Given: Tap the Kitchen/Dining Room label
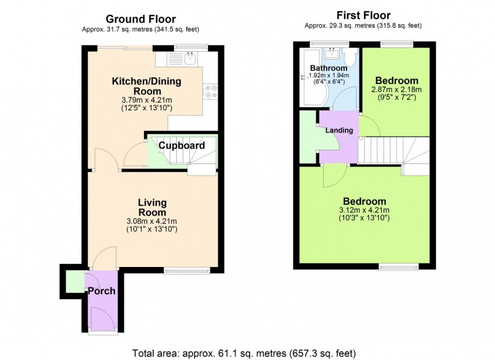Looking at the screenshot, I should tap(146, 86).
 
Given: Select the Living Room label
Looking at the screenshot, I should tap(152, 207).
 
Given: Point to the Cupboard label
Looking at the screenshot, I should tap(182, 146).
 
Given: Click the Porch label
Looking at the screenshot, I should tap(102, 291).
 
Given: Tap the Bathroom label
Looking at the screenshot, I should tap(328, 68).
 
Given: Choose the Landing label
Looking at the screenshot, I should tap(339, 130).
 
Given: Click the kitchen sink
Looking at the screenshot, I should tap(190, 59).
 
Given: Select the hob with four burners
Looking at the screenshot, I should tap(210, 91).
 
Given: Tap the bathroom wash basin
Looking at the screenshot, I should tap(332, 54).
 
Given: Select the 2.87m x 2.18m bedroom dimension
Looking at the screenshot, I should tap(397, 90).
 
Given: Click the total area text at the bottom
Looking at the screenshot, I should tap(244, 352).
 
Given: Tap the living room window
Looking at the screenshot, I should tap(187, 271).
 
